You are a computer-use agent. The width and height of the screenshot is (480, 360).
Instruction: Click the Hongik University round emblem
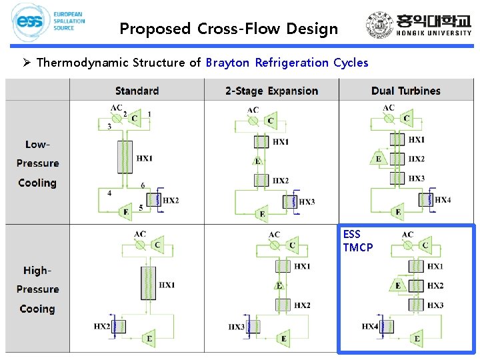click(379, 26)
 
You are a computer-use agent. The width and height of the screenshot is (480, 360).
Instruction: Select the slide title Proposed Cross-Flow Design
click(229, 29)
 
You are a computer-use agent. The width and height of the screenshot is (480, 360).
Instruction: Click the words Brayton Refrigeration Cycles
click(287, 63)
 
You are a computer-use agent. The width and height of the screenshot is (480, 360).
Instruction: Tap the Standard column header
click(137, 91)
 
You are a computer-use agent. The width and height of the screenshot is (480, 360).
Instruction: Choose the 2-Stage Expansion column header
click(271, 91)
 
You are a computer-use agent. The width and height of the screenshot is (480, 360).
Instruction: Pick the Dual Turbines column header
click(405, 91)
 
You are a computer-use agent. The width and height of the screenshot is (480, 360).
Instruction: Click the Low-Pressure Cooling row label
click(37, 163)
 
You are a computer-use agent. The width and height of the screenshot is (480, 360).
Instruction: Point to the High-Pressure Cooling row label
click(37, 289)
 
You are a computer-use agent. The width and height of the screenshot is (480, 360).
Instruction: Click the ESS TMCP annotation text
click(357, 241)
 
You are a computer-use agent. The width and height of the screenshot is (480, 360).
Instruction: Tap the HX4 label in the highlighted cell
click(371, 326)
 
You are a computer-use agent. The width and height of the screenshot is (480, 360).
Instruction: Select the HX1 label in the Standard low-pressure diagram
click(145, 159)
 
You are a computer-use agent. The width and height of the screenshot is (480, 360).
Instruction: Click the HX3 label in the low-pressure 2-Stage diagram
click(307, 202)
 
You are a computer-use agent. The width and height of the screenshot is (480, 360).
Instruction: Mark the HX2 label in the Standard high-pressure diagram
click(102, 326)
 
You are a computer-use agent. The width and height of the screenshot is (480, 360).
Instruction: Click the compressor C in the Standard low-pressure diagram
click(134, 119)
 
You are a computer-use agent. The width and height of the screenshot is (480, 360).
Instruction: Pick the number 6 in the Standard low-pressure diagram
click(143, 185)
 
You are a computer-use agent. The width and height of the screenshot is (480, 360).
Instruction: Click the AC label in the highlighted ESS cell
click(407, 235)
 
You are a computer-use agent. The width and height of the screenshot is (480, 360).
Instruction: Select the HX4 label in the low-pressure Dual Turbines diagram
click(443, 199)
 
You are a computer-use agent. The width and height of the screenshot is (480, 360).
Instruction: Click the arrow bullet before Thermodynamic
click(27, 63)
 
